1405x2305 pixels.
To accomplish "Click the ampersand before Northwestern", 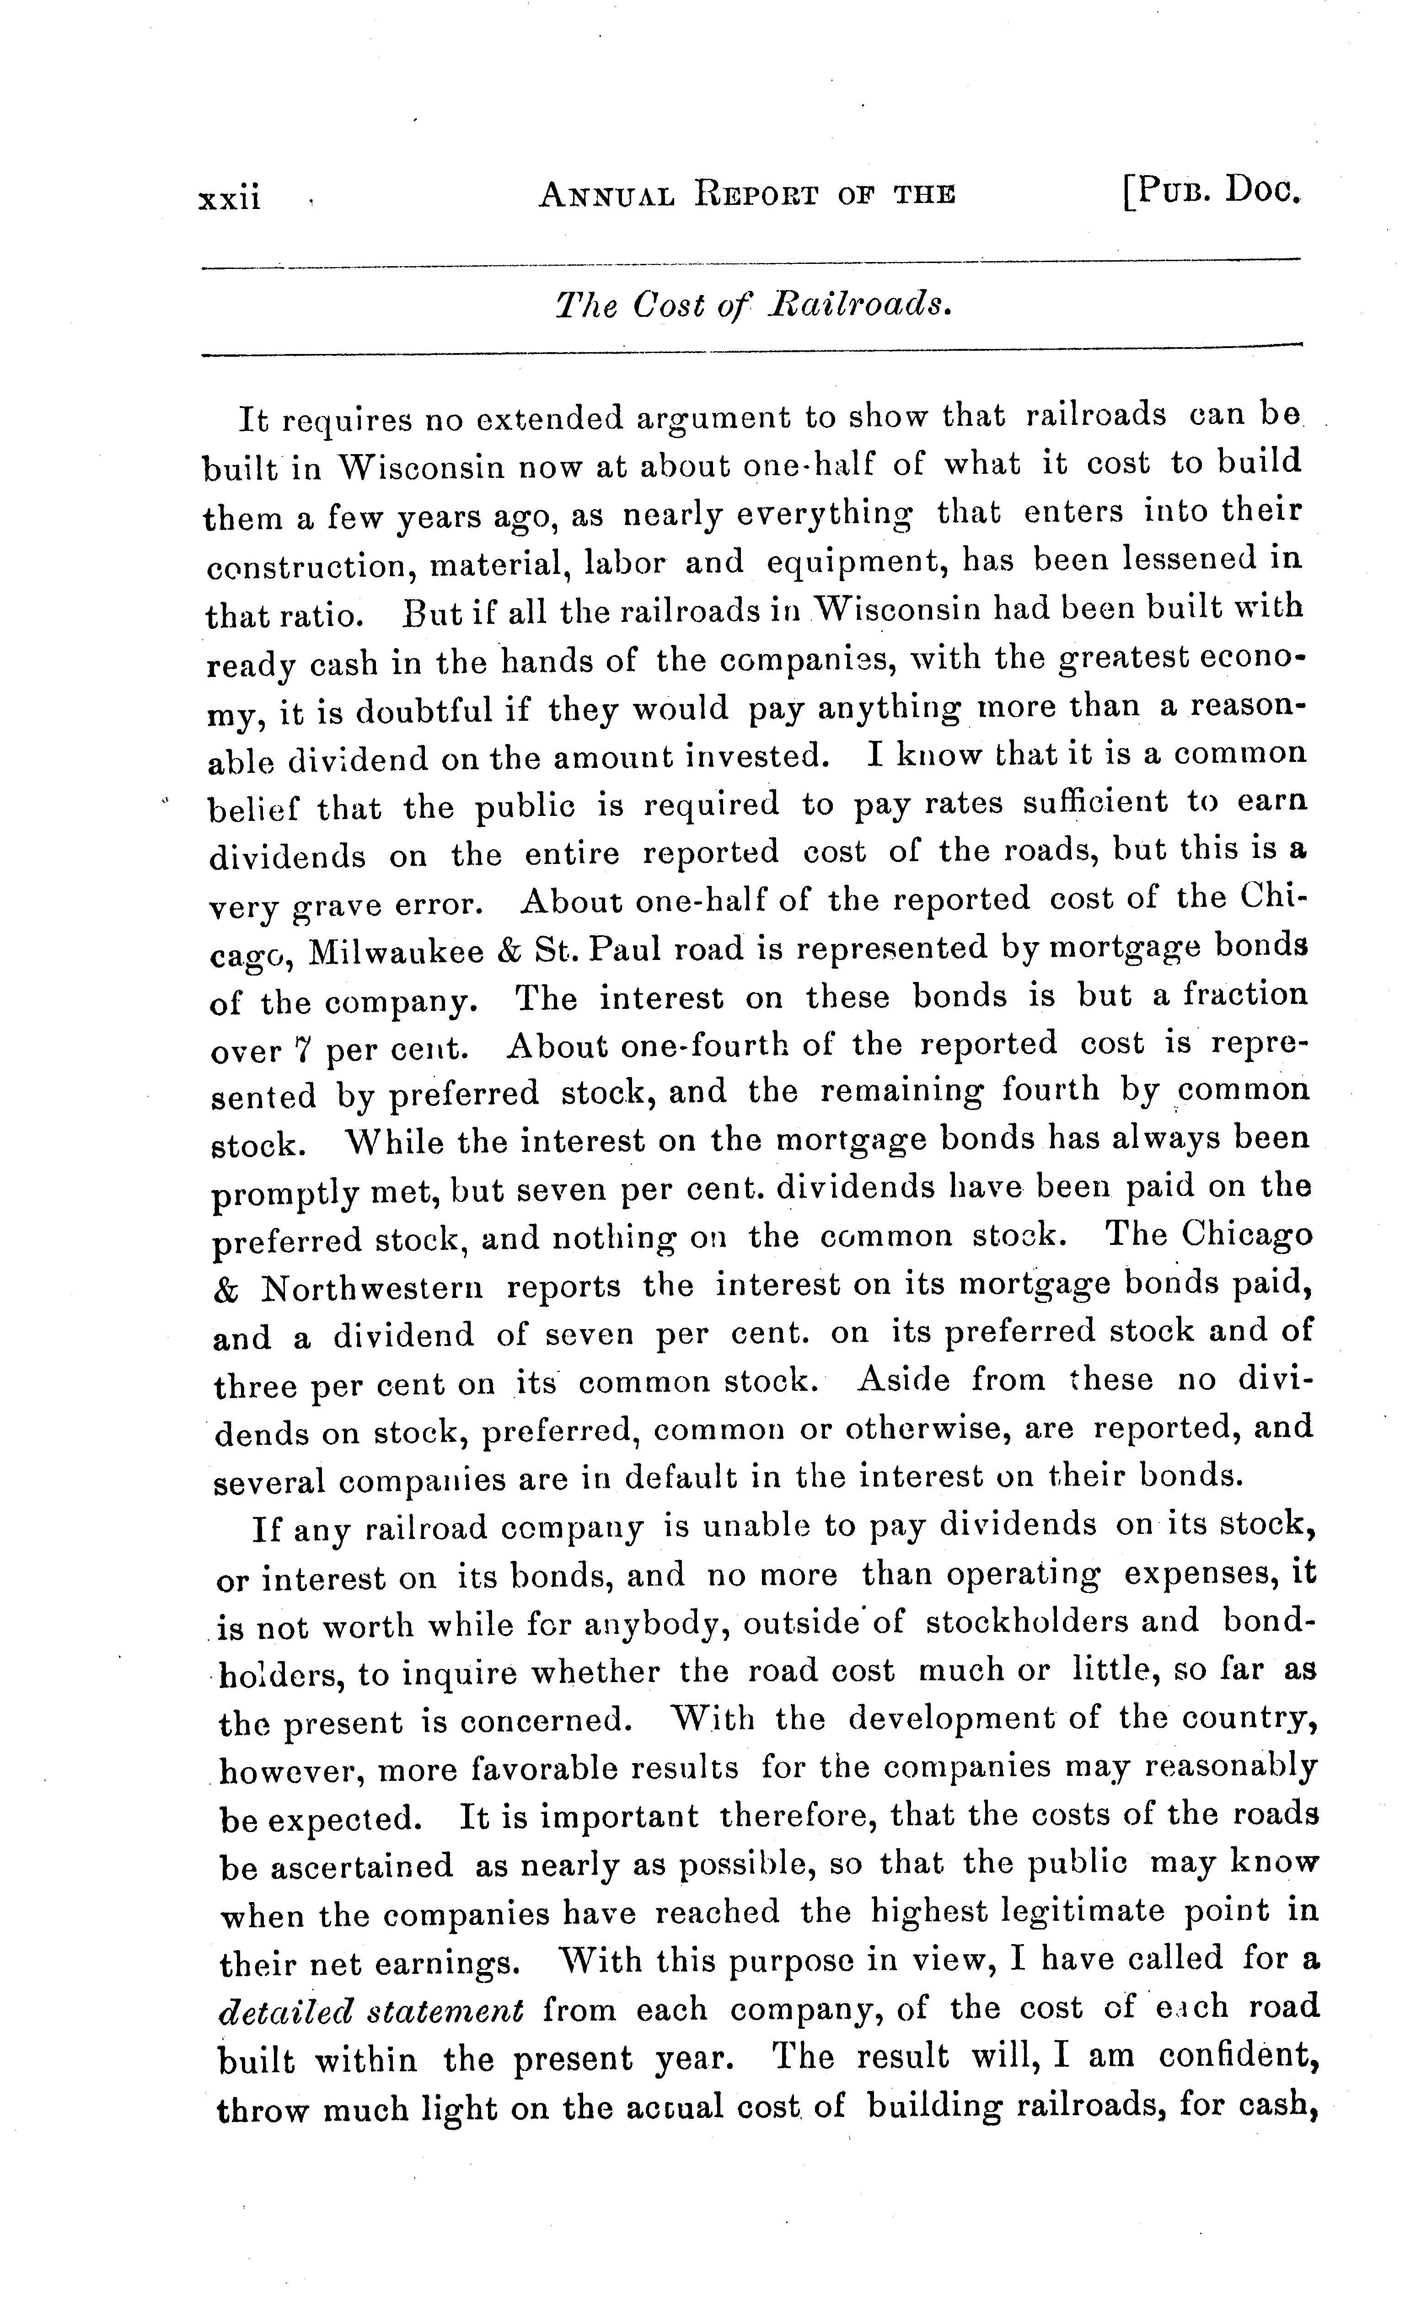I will (225, 1290).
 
